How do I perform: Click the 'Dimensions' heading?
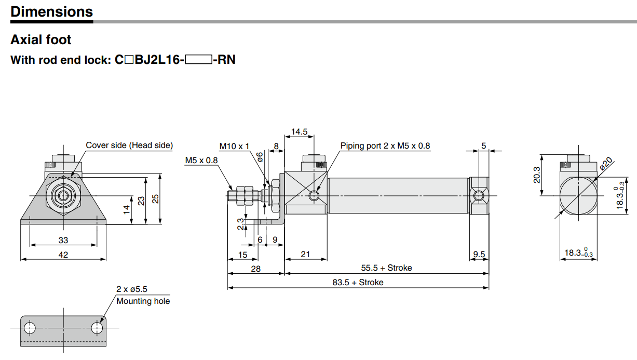pyautogui.click(x=51, y=11)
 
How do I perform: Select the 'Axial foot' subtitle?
pyautogui.click(x=41, y=39)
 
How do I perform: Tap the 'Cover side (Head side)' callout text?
pyautogui.click(x=129, y=145)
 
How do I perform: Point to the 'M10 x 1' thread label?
pyautogui.click(x=234, y=146)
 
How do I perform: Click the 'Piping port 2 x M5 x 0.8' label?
pyautogui.click(x=385, y=146)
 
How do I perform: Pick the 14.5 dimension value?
pyautogui.click(x=299, y=131)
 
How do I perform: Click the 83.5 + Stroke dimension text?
pyautogui.click(x=358, y=282)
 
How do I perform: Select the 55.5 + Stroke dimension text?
pyautogui.click(x=386, y=268)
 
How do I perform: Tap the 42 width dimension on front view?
pyautogui.click(x=63, y=255)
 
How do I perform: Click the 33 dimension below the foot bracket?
pyautogui.click(x=63, y=241)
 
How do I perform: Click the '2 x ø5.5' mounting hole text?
pyautogui.click(x=131, y=289)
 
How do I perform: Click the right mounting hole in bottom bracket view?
pyautogui.click(x=97, y=328)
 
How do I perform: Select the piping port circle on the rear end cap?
pyautogui.click(x=479, y=195)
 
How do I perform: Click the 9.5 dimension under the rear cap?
pyautogui.click(x=479, y=254)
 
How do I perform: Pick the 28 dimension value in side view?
pyautogui.click(x=255, y=269)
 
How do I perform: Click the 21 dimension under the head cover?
pyautogui.click(x=305, y=254)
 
